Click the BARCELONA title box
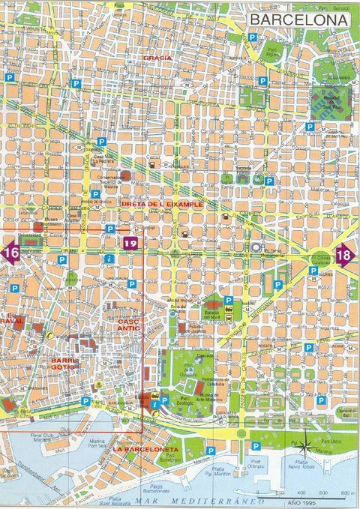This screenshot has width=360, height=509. (x=298, y=19)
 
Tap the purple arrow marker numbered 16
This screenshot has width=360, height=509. (x=10, y=253)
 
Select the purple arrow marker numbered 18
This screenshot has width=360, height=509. (x=346, y=254)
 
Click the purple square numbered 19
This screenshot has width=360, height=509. (x=130, y=243)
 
